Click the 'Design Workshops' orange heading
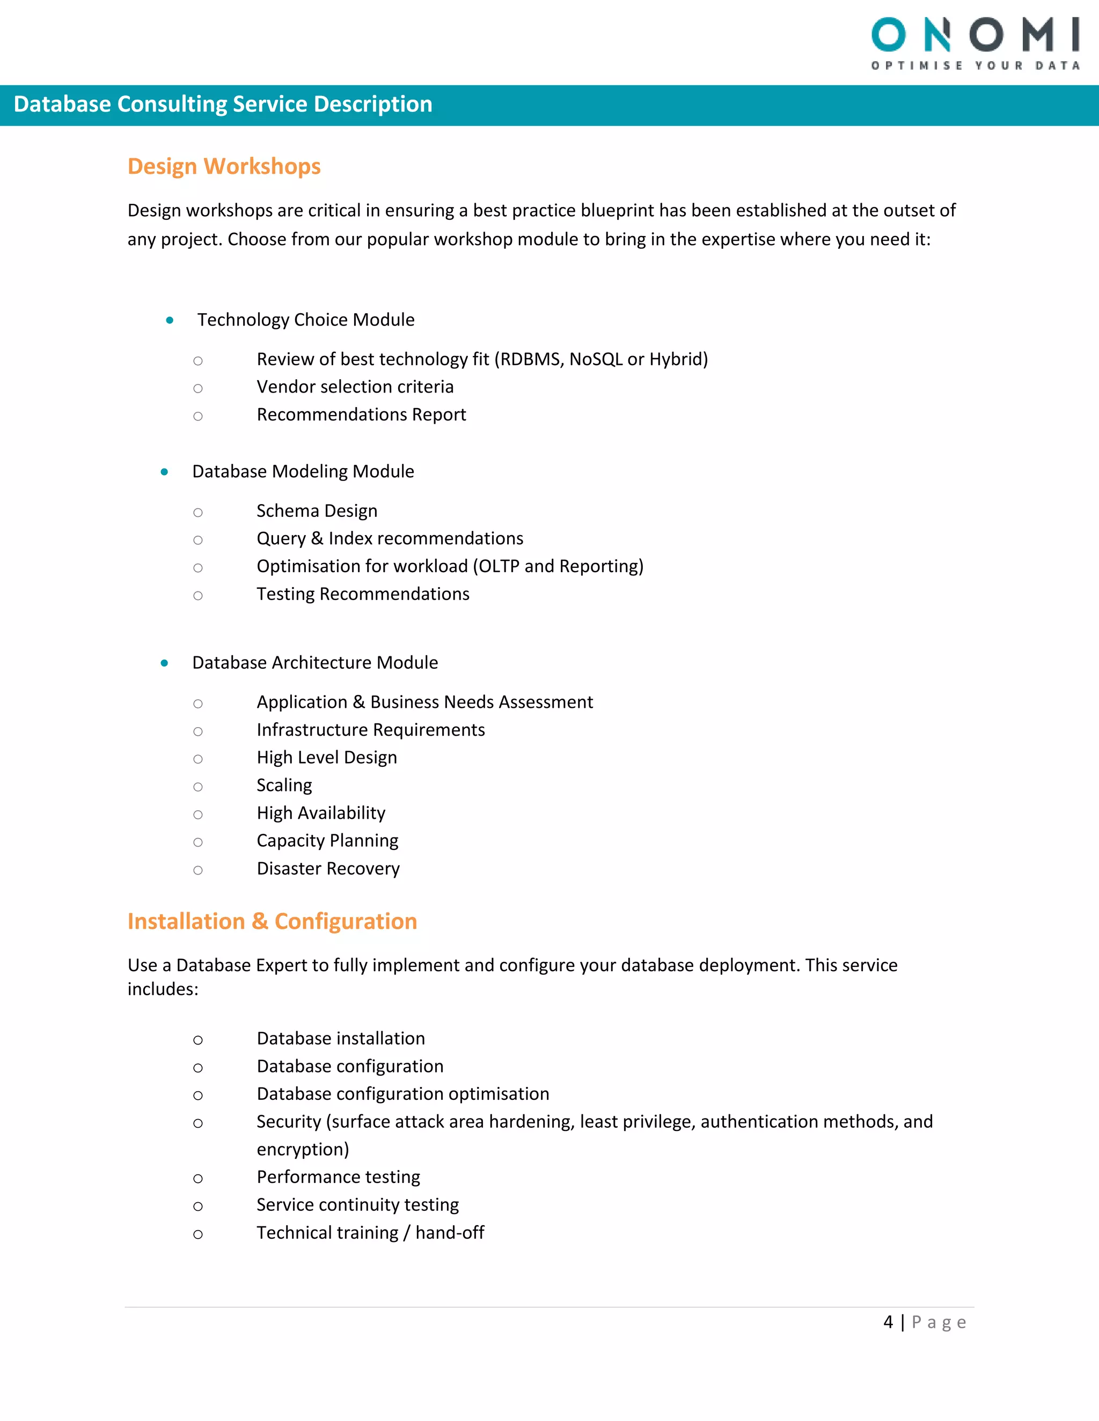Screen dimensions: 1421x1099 click(x=224, y=167)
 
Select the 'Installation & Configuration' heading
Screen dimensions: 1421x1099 click(x=272, y=921)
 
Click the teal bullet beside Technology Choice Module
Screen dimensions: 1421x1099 click(x=169, y=320)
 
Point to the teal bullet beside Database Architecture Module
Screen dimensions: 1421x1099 click(x=164, y=663)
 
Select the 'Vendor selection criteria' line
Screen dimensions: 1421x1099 click(x=355, y=387)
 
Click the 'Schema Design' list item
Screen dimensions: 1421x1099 click(x=317, y=510)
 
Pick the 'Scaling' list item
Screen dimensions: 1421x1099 click(x=284, y=786)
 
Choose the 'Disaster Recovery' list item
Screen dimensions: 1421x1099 click(x=328, y=869)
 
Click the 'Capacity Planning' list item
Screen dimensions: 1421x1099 click(x=327, y=841)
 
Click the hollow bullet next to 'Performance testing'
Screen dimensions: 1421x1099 click(x=198, y=1178)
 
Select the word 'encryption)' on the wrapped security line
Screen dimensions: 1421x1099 click(x=303, y=1150)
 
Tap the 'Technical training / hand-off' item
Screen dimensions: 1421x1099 click(x=370, y=1233)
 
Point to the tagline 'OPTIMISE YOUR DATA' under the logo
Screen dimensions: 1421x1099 click(x=975, y=66)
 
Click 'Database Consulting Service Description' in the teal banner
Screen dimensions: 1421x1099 click(x=223, y=104)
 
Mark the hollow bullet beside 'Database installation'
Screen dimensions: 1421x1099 click(x=198, y=1040)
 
